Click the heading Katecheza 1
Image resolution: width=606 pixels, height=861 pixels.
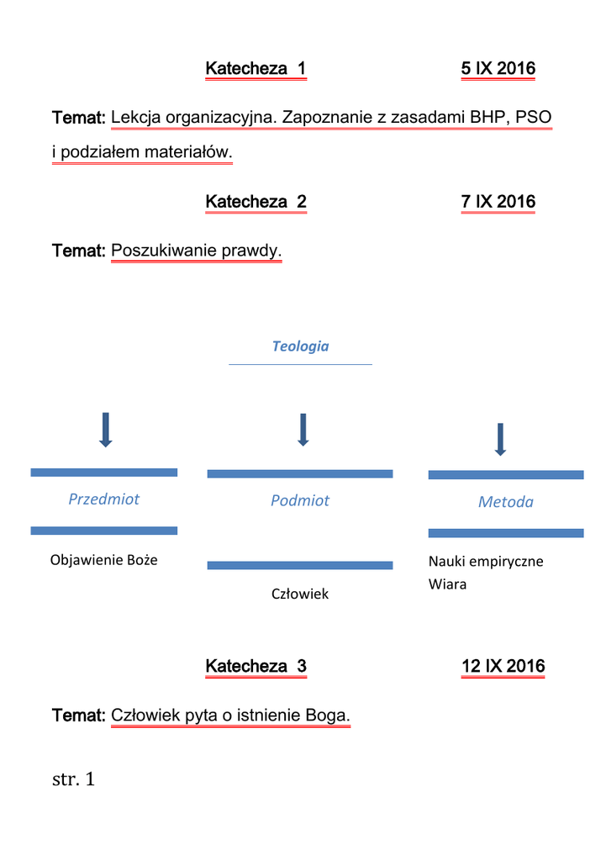click(256, 69)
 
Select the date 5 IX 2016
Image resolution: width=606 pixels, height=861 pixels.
click(498, 69)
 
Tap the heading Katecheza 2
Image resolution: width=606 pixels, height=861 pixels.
click(256, 202)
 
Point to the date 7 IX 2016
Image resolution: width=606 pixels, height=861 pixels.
click(498, 202)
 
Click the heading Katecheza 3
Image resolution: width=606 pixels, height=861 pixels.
click(256, 667)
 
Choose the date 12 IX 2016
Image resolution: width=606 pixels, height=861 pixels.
click(503, 667)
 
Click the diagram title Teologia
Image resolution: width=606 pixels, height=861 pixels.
click(300, 346)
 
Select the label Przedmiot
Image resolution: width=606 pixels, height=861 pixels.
click(104, 499)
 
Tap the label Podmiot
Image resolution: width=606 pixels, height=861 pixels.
click(300, 501)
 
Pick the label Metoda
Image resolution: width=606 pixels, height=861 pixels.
click(506, 502)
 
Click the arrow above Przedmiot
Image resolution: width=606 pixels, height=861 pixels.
click(105, 430)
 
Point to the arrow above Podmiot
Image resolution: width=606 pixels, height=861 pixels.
click(303, 429)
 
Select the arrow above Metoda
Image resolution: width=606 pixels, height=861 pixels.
click(500, 439)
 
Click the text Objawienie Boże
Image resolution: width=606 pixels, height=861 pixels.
click(104, 560)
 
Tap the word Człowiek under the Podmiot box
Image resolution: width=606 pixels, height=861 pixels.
click(300, 594)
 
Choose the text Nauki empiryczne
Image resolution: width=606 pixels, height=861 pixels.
click(486, 562)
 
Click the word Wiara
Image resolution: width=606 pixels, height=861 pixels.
click(447, 584)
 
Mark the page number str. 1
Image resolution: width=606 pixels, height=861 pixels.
click(74, 779)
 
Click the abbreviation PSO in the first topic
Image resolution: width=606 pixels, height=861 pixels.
click(533, 117)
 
